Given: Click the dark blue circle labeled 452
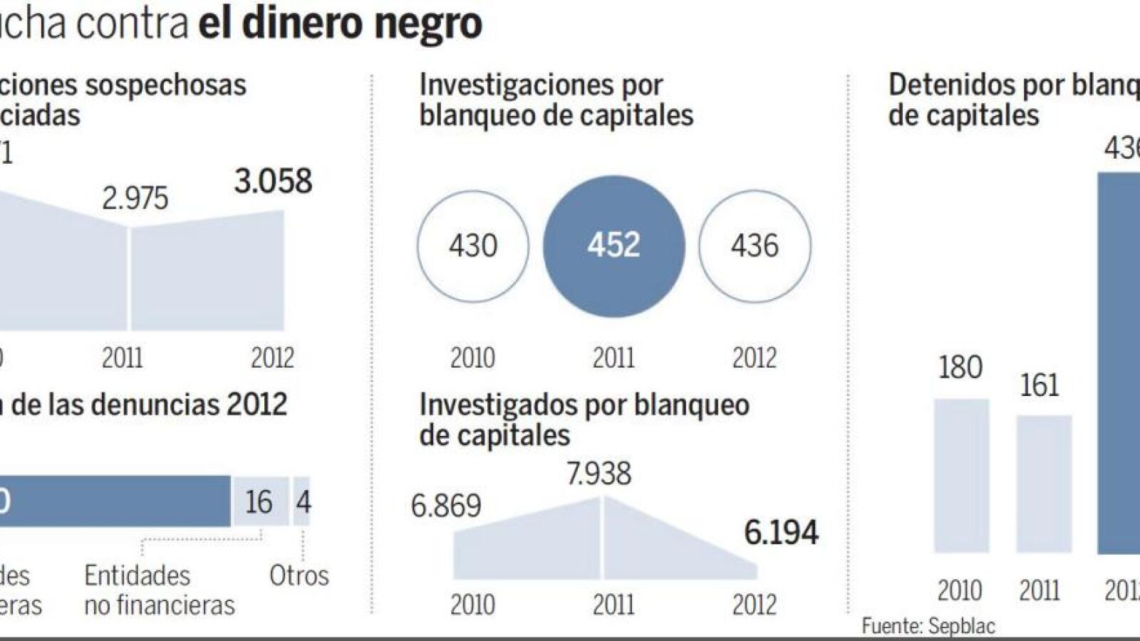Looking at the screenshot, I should click(x=613, y=246).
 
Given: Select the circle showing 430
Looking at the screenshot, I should click(x=473, y=246).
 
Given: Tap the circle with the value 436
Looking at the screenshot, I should click(x=755, y=246).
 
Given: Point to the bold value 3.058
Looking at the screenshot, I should click(x=273, y=182).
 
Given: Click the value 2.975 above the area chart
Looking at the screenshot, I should click(x=135, y=199).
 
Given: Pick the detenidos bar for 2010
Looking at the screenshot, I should click(x=961, y=476).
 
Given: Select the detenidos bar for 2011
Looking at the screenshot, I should click(x=1044, y=484).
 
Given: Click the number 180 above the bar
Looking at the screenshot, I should click(x=960, y=368).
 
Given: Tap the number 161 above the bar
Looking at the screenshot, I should click(x=1040, y=385).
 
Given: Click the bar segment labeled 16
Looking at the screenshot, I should click(x=259, y=502).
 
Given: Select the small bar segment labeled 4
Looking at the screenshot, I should click(x=302, y=502).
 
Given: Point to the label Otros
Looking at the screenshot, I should click(x=299, y=575).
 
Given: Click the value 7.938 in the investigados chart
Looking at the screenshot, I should click(x=598, y=474).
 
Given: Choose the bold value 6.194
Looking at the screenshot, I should click(x=781, y=533).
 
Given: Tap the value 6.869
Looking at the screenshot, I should click(x=446, y=506).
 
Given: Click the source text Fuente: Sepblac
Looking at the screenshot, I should click(x=928, y=626).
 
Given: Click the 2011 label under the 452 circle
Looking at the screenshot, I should click(x=613, y=358).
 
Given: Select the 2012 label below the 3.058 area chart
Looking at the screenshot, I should click(x=272, y=358).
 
